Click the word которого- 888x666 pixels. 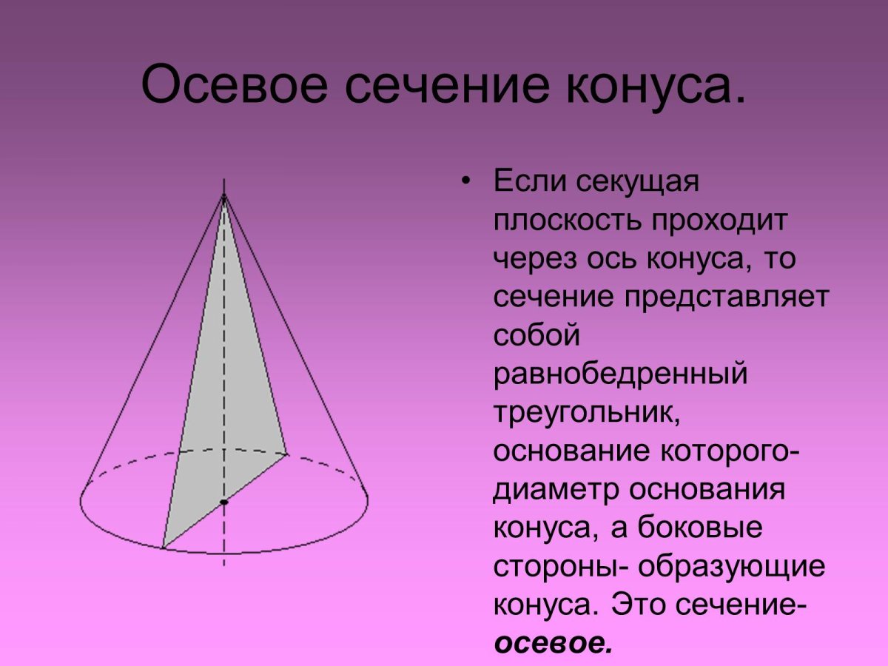(728, 451)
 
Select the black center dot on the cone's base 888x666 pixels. (223, 502)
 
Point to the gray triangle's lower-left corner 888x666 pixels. (164, 548)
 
